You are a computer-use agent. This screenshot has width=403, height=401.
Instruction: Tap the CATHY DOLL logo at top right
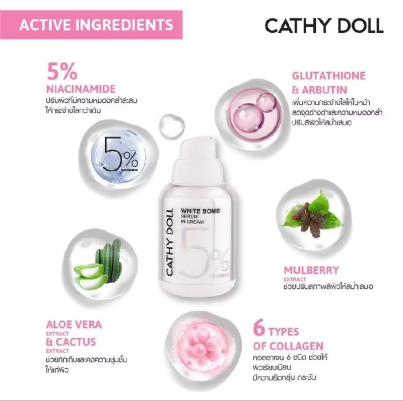[323, 25]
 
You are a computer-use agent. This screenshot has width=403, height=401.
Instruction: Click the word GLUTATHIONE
[329, 76]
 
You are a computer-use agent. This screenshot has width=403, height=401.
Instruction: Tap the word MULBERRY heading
[310, 270]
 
